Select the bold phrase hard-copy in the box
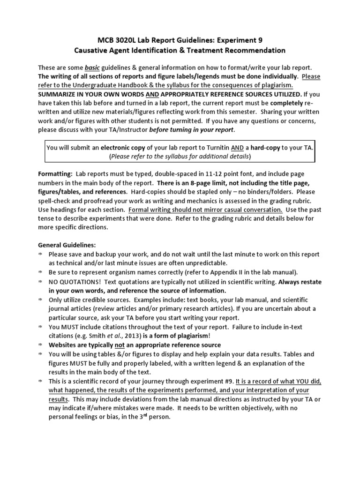tap(268, 147)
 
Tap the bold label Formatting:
tap(55, 173)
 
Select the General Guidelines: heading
tap(67, 245)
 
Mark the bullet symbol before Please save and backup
tap(41, 254)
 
